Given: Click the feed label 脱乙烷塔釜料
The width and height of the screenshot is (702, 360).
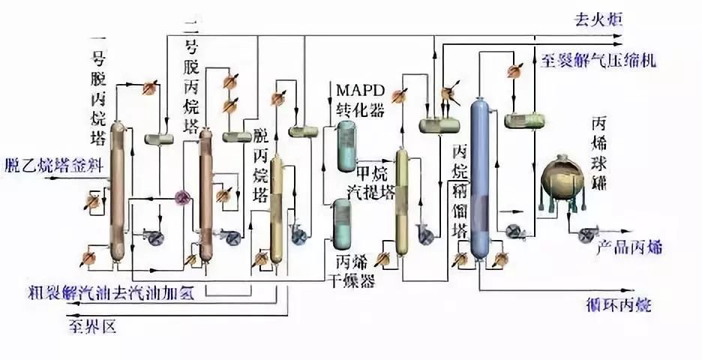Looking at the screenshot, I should tap(49, 165).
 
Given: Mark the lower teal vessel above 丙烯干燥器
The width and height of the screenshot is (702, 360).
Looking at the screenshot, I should tap(343, 223).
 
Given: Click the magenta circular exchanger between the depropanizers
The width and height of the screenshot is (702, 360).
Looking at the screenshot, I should tap(181, 196).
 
